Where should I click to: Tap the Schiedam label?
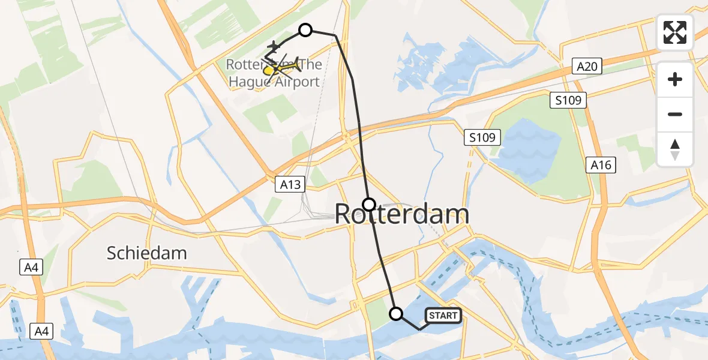click(146, 253)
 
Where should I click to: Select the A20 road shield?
click(587, 66)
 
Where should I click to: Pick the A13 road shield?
click(290, 185)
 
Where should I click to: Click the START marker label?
click(443, 316)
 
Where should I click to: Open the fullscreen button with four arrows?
click(675, 32)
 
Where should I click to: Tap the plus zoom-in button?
click(675, 79)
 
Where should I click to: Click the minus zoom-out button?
click(675, 114)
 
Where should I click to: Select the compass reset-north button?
click(675, 149)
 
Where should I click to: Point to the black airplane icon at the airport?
click(274, 46)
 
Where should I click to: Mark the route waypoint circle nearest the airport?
click(305, 29)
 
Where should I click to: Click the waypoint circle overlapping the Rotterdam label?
click(369, 204)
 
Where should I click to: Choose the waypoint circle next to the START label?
click(396, 313)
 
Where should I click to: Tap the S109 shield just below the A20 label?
click(568, 100)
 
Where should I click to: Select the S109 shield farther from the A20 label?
click(482, 138)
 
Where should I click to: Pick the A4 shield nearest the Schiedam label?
click(31, 267)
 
